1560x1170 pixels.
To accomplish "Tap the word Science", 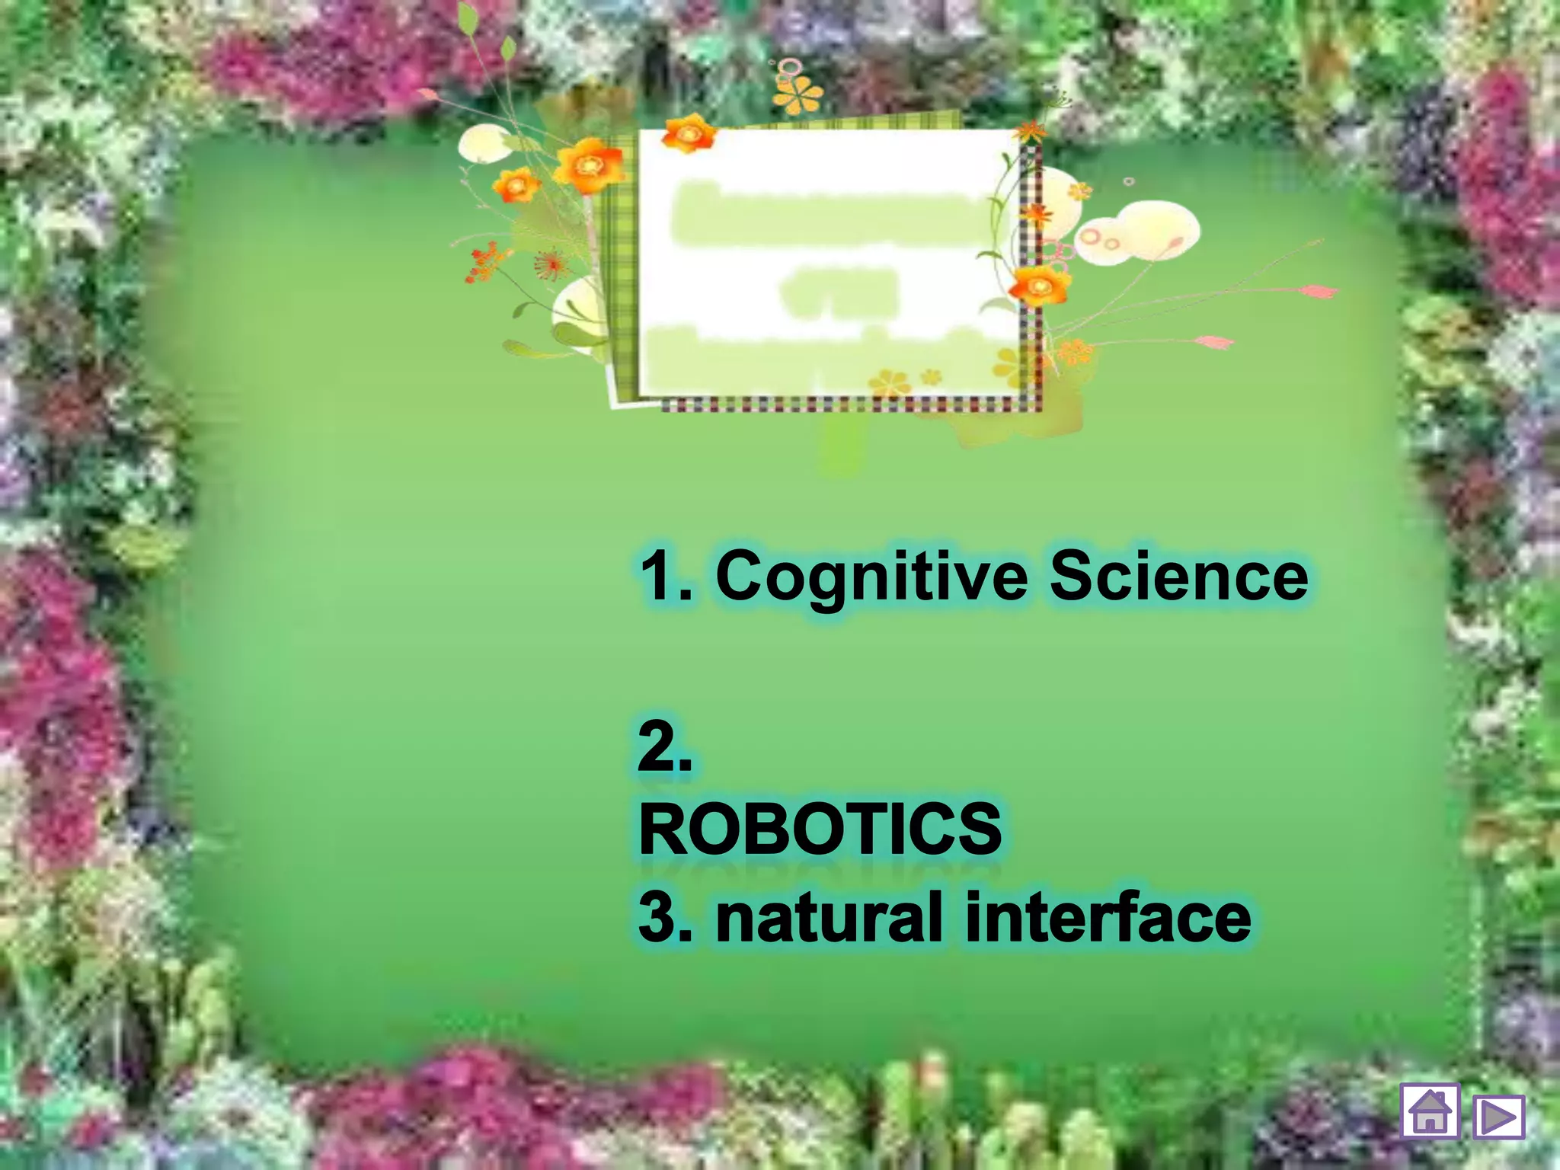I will (x=1178, y=577).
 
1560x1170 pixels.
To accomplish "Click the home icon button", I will (x=1430, y=1111).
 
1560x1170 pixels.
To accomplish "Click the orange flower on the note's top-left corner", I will (x=688, y=134).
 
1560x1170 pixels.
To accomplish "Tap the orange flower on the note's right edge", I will (x=1039, y=286).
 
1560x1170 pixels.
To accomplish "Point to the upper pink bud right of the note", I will (x=1317, y=291).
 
